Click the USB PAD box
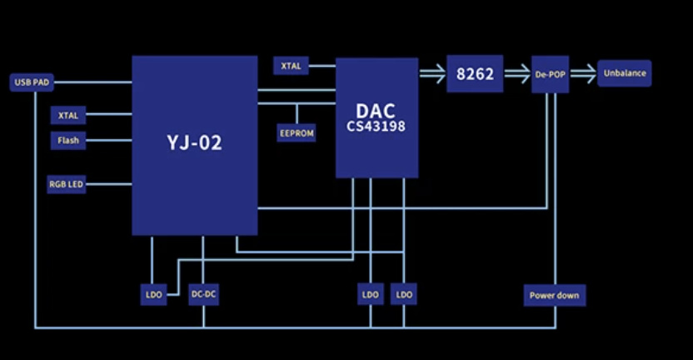coord(32,82)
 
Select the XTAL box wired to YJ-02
coord(68,116)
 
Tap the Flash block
coord(68,141)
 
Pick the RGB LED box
coord(67,184)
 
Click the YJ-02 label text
coord(194,142)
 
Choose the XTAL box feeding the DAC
coord(291,66)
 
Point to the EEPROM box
coord(297,133)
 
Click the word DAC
coord(376,111)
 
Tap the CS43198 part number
coord(376,127)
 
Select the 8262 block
coord(475,74)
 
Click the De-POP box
coord(551,74)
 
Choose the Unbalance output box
coord(625,73)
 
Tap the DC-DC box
coord(204,294)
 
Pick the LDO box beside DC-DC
coord(154,294)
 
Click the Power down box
coord(555,296)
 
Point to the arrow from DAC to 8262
coord(432,73)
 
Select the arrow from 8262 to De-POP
coord(517,73)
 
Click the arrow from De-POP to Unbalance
coord(583,73)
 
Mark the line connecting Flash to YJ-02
coord(109,141)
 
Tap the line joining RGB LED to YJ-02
coord(109,184)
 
